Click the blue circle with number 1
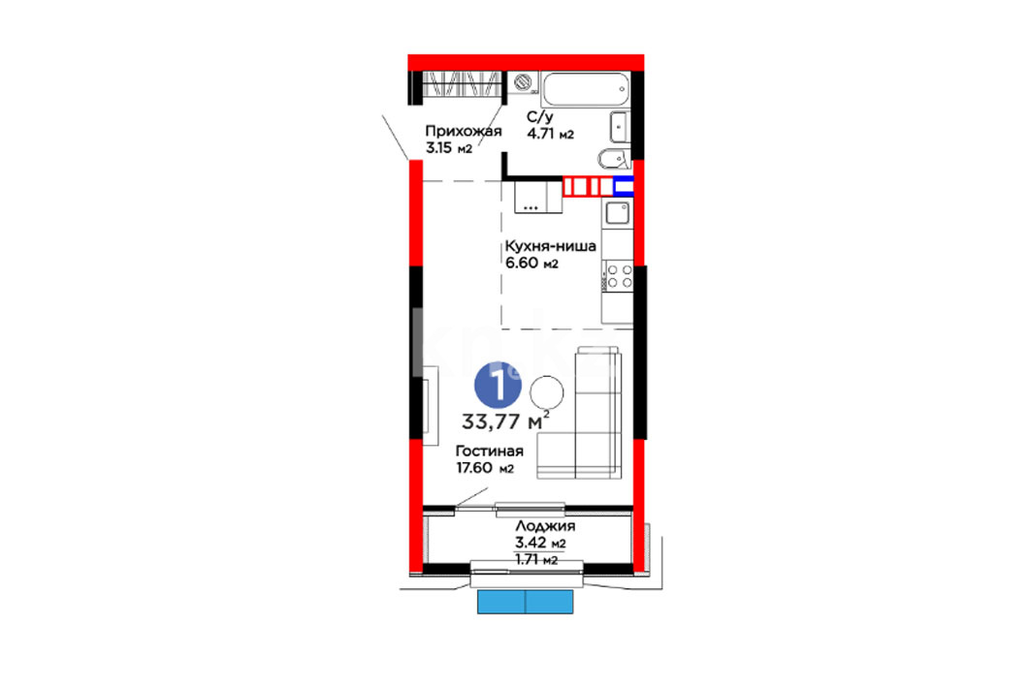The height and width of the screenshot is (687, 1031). (x=498, y=385)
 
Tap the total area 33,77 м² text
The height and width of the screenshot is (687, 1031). (x=505, y=421)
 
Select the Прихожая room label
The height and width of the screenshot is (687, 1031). (x=463, y=131)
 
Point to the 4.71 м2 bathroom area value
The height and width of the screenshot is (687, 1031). (x=550, y=134)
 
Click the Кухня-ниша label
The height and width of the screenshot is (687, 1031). (x=550, y=246)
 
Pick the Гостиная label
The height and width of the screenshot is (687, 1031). (x=489, y=452)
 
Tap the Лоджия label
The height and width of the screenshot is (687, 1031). (x=545, y=526)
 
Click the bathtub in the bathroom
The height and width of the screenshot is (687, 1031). (x=585, y=90)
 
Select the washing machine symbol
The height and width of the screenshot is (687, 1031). (x=524, y=82)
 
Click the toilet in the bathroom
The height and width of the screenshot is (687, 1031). (x=614, y=158)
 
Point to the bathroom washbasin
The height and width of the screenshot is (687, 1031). (x=620, y=127)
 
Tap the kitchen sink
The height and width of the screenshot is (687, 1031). (x=617, y=213)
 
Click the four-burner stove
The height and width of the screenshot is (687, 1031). (x=618, y=276)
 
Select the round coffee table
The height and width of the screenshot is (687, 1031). (x=546, y=392)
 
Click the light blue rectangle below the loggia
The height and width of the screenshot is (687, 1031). (x=526, y=602)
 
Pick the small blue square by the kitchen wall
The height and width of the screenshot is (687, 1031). (x=624, y=187)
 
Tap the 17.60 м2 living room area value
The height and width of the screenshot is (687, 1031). (x=485, y=468)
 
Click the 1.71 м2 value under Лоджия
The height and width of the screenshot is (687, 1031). (x=536, y=560)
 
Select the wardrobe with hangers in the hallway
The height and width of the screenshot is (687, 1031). (x=460, y=84)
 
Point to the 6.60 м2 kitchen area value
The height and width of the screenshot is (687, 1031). (x=532, y=264)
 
